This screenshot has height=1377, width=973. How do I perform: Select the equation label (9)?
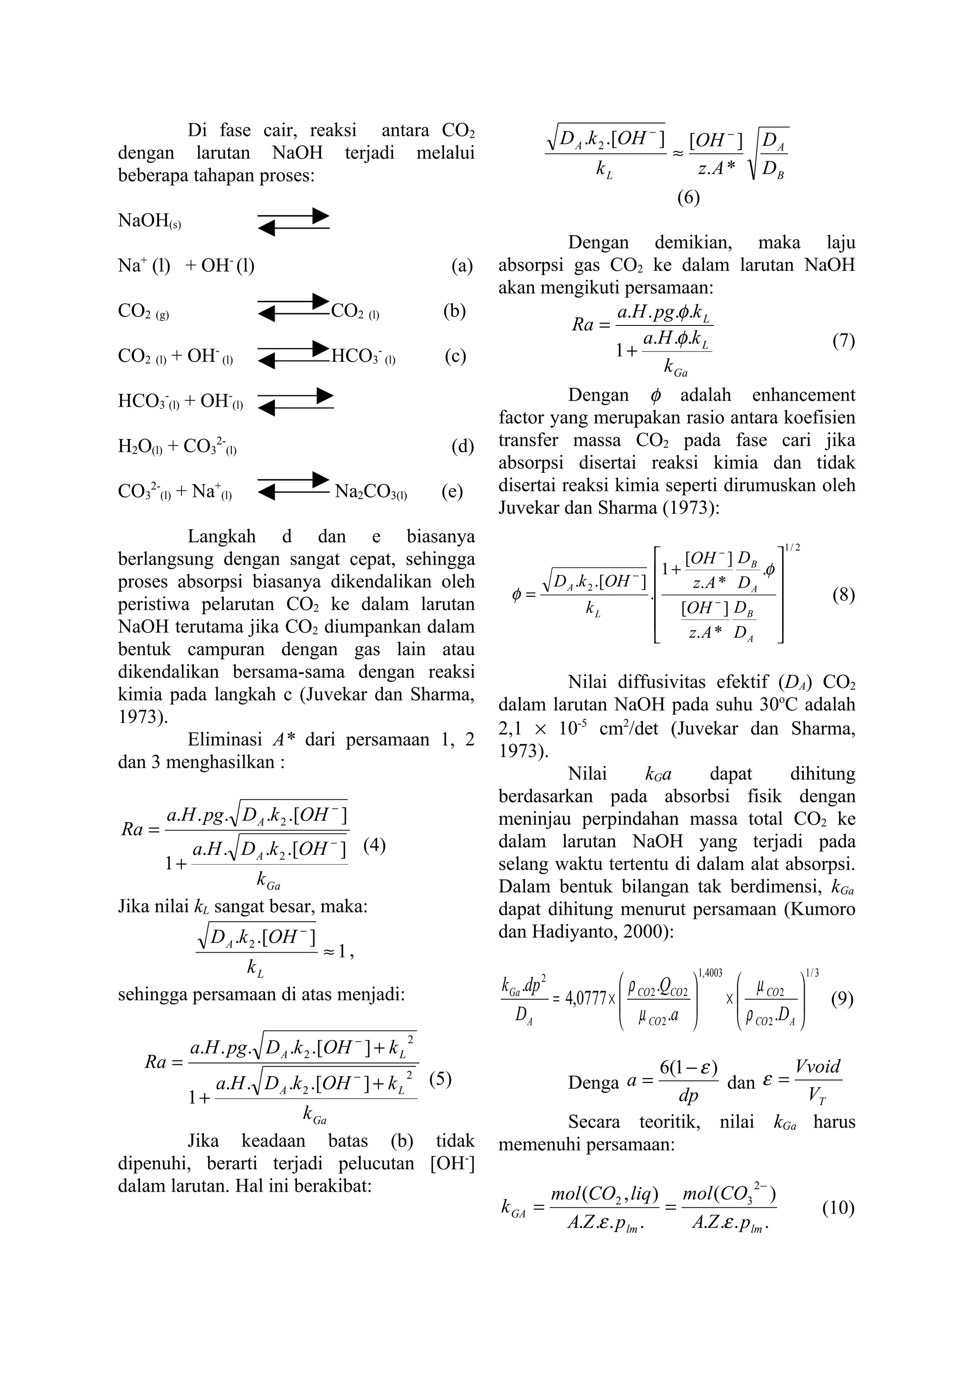point(842,999)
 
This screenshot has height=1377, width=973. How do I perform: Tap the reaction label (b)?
point(454,311)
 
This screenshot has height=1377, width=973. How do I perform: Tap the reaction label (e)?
point(452,492)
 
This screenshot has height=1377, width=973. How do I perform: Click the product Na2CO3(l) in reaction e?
point(371,492)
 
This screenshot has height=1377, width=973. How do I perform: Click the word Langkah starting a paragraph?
point(221,536)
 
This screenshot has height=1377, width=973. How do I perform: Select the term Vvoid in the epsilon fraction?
point(818,1066)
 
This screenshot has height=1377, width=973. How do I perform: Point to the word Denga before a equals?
point(593,1082)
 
